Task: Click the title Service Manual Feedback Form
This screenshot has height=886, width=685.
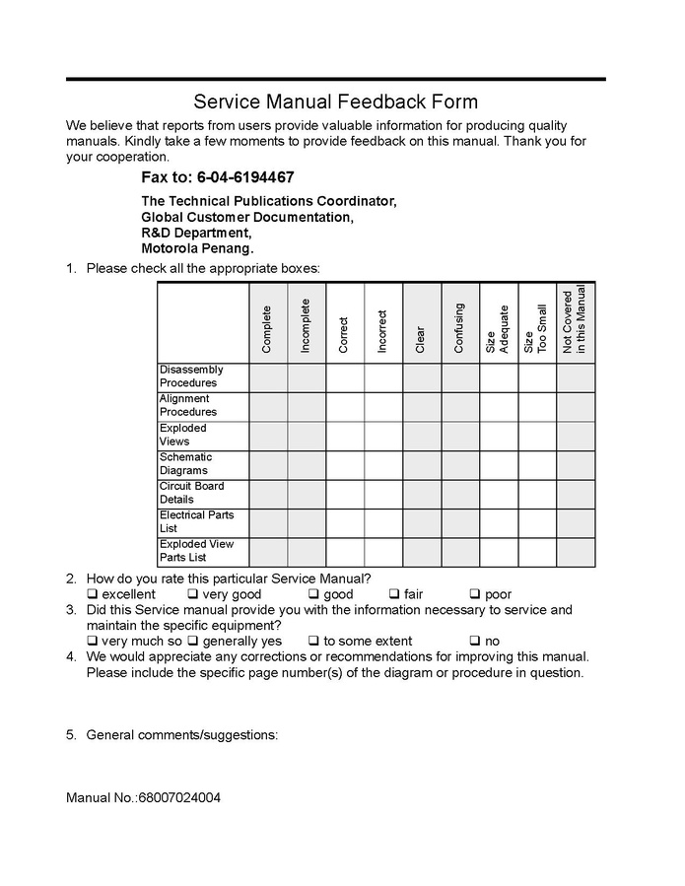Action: [x=335, y=102]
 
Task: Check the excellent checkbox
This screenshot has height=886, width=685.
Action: [x=92, y=595]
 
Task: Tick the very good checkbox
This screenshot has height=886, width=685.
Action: [x=193, y=595]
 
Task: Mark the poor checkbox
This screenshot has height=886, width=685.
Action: [x=475, y=595]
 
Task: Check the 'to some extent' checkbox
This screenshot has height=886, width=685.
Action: [x=313, y=642]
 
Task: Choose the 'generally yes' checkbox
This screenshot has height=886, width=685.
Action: [x=193, y=642]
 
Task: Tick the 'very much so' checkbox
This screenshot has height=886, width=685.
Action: [x=92, y=642]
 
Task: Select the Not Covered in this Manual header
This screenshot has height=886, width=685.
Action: [x=575, y=321]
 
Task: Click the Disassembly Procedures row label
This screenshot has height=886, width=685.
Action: [x=191, y=376]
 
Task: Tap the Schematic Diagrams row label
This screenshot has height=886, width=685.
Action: [x=186, y=464]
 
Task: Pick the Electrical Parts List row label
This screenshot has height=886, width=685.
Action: [x=196, y=522]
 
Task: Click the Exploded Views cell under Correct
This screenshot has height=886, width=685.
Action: [x=345, y=436]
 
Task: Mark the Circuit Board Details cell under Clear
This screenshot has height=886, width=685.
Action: [x=422, y=494]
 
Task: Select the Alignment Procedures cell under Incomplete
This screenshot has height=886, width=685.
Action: [x=307, y=406]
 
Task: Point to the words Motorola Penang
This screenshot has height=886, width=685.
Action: [x=197, y=249]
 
